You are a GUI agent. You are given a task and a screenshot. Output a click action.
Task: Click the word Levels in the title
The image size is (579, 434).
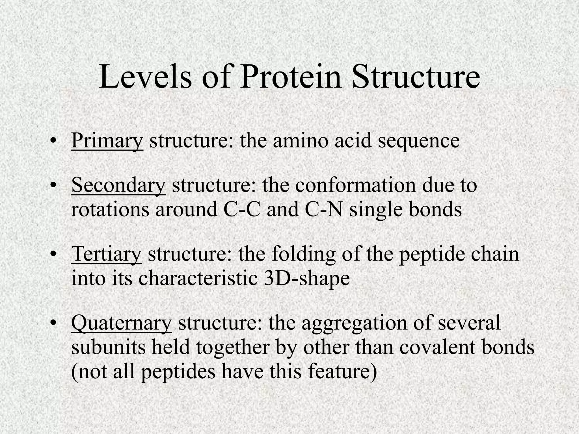[145, 77]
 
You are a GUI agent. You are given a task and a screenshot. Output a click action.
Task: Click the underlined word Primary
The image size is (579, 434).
[107, 140]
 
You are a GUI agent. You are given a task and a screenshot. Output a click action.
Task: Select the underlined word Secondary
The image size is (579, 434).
[118, 185]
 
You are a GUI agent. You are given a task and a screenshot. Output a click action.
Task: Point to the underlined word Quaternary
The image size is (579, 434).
[121, 323]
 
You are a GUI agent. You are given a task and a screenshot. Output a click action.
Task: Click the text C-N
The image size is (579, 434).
[324, 210]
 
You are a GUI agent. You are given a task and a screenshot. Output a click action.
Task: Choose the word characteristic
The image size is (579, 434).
[198, 279]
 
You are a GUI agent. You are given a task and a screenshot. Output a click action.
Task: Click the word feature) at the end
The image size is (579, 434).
[343, 371]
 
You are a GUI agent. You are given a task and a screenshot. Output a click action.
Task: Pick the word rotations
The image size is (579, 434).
[110, 210]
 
